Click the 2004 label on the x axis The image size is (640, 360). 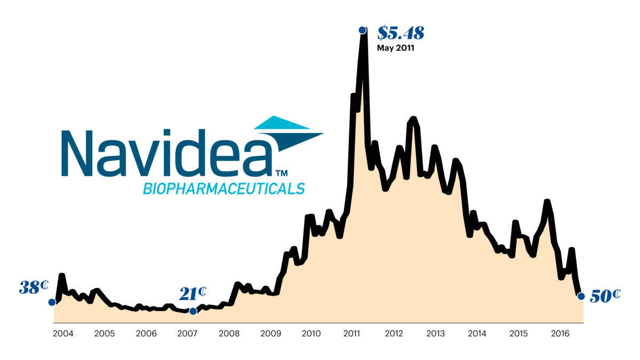[63, 334]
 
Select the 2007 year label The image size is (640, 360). [187, 334]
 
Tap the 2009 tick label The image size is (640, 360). [270, 334]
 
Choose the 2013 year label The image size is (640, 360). [436, 334]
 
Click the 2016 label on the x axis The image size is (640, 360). [559, 334]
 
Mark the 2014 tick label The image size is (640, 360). [477, 334]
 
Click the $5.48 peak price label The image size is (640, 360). [401, 33]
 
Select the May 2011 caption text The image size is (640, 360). [396, 48]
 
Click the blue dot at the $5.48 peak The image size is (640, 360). [362, 30]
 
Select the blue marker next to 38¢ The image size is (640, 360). [52, 302]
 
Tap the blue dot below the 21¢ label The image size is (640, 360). [193, 311]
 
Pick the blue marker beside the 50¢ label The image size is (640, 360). [581, 296]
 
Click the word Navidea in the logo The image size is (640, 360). [165, 154]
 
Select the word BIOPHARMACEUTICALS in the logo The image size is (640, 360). [223, 189]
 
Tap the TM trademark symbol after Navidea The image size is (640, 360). [281, 173]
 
